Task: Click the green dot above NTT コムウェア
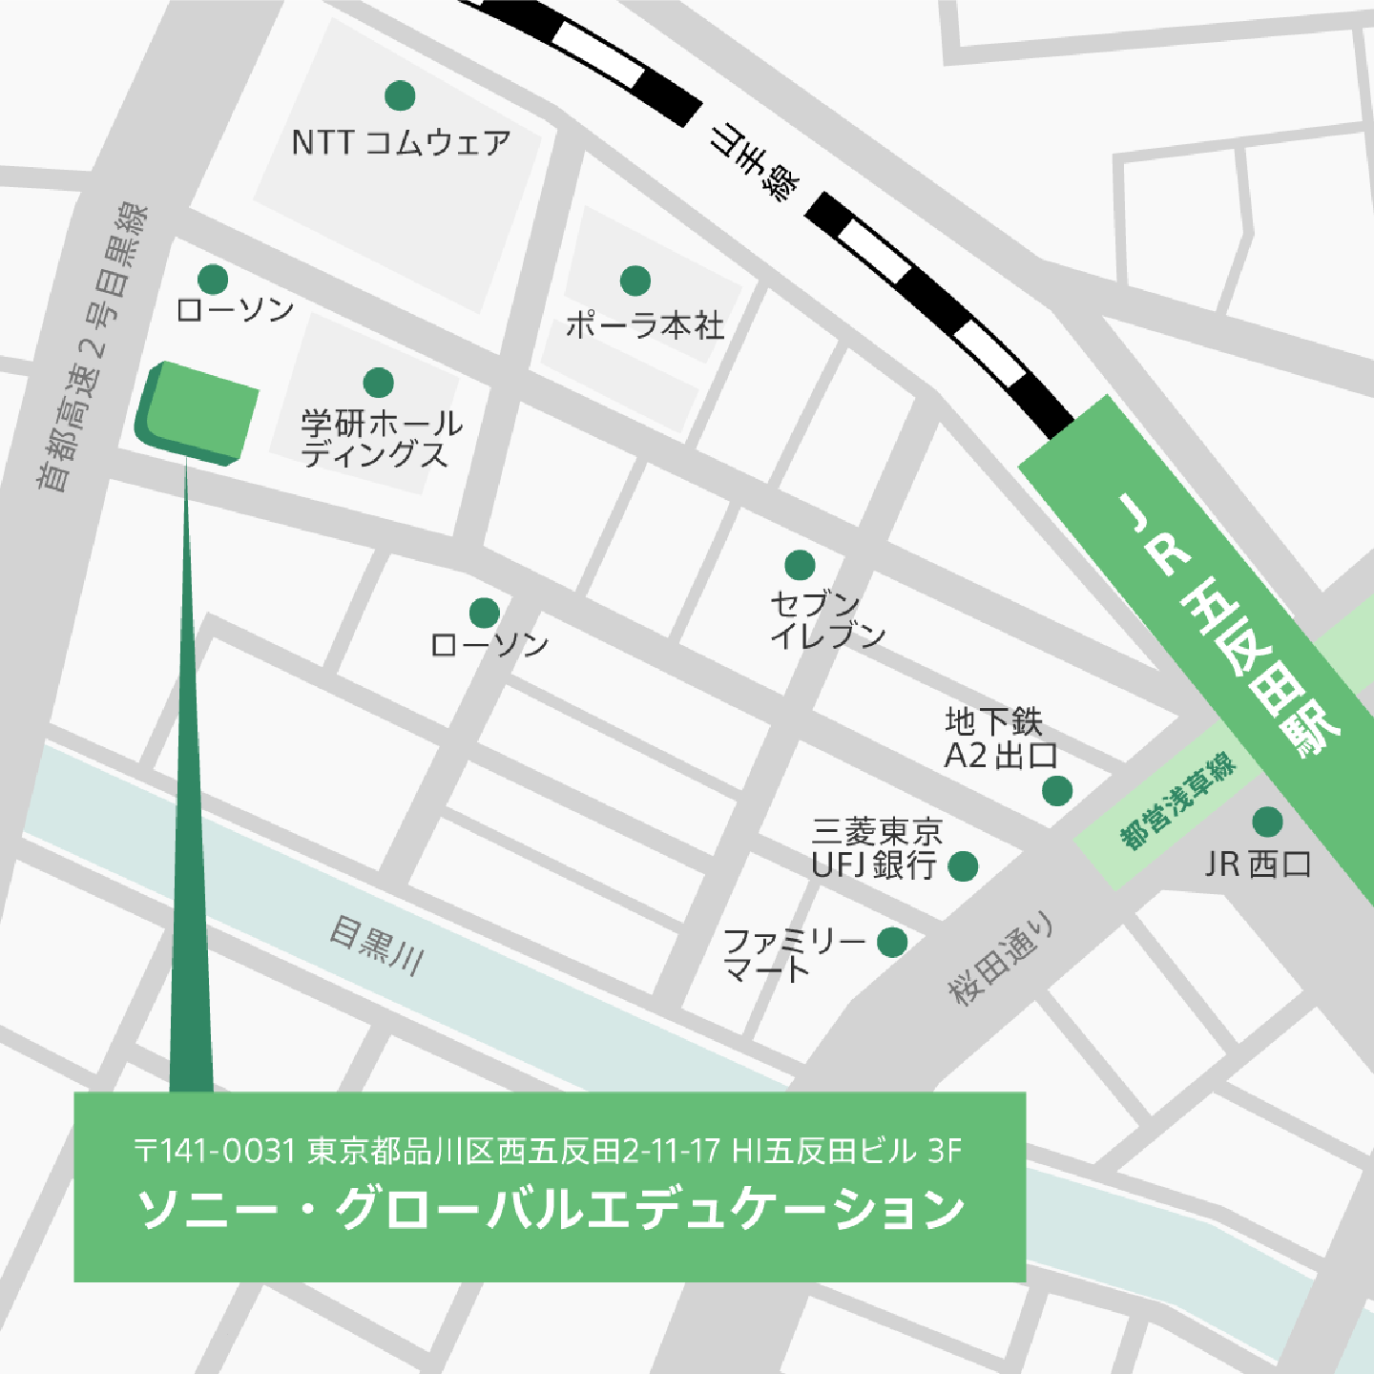click(x=400, y=95)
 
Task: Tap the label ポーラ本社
click(x=645, y=325)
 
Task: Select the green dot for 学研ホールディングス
click(x=379, y=383)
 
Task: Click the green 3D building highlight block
click(x=198, y=413)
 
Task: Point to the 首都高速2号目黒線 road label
click(x=92, y=347)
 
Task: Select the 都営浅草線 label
click(x=1177, y=801)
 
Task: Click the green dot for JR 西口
click(x=1267, y=822)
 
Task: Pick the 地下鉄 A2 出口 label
click(x=999, y=738)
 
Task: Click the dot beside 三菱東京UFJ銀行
click(x=963, y=866)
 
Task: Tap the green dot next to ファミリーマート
click(x=892, y=942)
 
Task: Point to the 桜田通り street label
click(x=1001, y=958)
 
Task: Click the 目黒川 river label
click(x=377, y=945)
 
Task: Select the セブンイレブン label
click(x=826, y=619)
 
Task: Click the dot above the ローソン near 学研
click(x=213, y=280)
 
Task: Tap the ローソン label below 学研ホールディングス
click(x=489, y=645)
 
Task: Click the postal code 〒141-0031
click(x=215, y=1151)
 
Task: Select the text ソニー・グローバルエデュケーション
click(x=551, y=1209)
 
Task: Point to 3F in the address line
click(x=945, y=1151)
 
